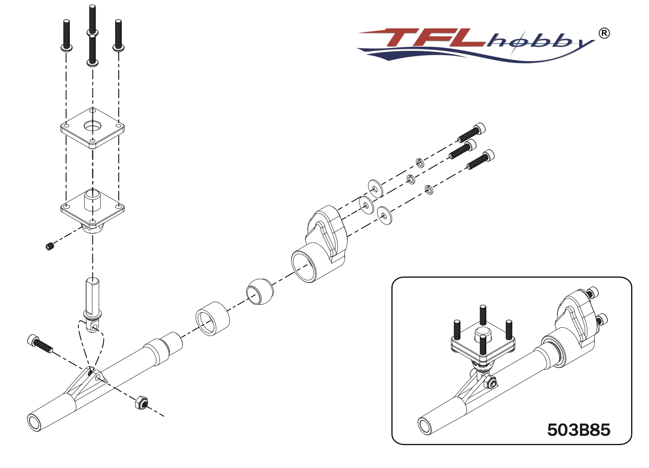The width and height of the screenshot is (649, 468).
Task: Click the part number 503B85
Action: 578,429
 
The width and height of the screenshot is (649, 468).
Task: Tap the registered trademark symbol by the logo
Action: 604,33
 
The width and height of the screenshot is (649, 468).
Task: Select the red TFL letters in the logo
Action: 431,38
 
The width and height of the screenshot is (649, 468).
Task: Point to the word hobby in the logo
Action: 539,42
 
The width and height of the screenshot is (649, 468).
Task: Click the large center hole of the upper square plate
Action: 92,126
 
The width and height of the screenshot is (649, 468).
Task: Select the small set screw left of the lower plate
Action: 50,246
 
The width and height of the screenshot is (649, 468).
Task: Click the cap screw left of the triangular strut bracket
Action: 40,344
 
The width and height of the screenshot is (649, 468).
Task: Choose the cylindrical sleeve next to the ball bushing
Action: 212,318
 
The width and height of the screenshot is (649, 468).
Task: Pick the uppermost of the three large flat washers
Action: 375,188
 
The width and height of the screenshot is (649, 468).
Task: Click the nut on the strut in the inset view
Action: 490,382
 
